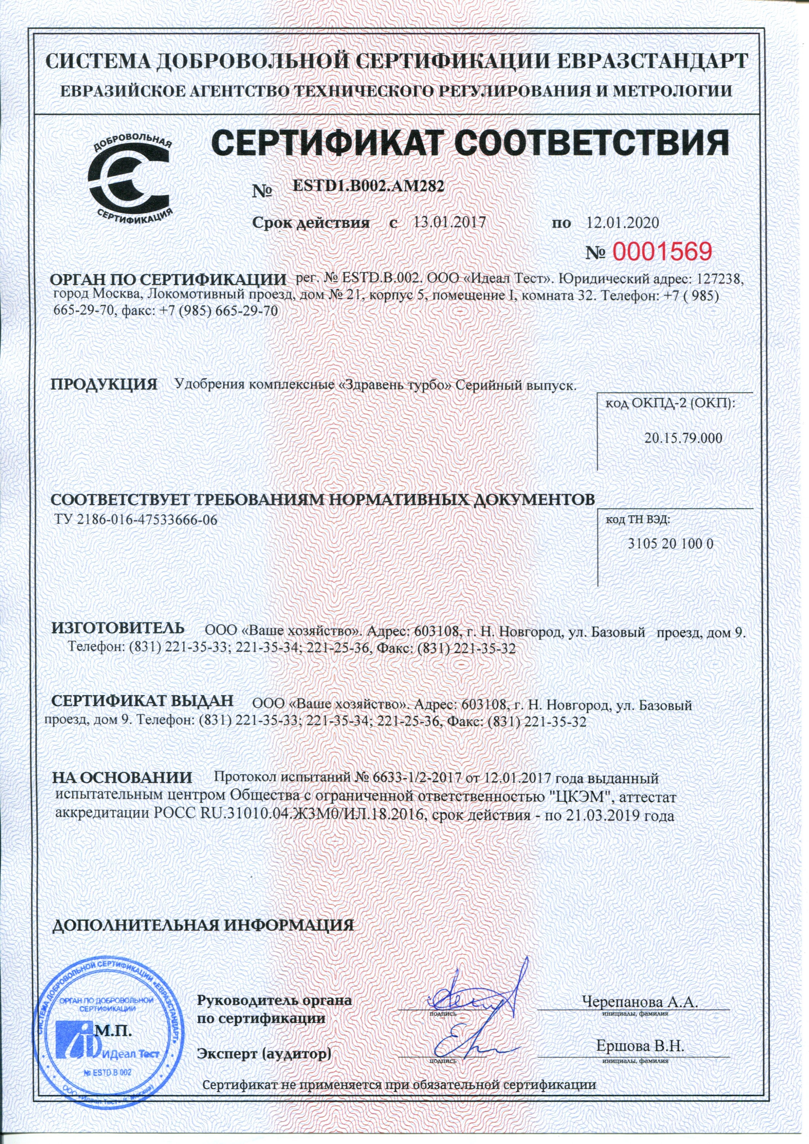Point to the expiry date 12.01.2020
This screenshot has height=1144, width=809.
point(623,222)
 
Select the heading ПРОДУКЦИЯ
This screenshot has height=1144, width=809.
point(105,384)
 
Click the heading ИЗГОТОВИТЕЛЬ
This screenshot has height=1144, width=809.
point(119,627)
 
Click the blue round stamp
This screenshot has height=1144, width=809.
point(107,1036)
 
